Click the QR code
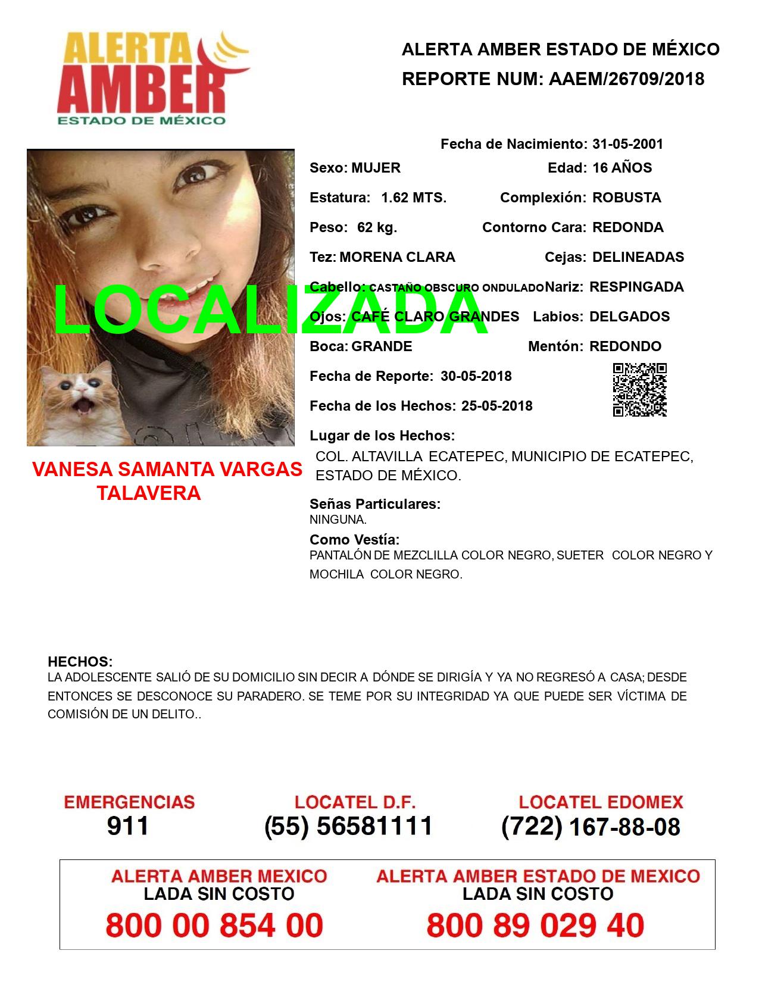coord(640,390)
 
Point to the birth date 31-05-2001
coord(627,144)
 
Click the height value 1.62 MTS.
coord(414,198)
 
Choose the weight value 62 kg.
coord(377,227)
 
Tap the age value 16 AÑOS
coord(622,168)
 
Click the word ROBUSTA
coord(626,198)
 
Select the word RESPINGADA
coord(636,287)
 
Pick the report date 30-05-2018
coord(476,376)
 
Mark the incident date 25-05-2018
coord(496,406)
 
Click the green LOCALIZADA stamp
coord(271,309)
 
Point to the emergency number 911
coord(128,826)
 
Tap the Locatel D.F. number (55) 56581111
coord(348,826)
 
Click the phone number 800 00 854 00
coord(214,925)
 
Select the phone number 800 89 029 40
coord(535,925)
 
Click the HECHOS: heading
coord(80,662)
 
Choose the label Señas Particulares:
coord(375,504)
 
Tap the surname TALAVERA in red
coord(149,493)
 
